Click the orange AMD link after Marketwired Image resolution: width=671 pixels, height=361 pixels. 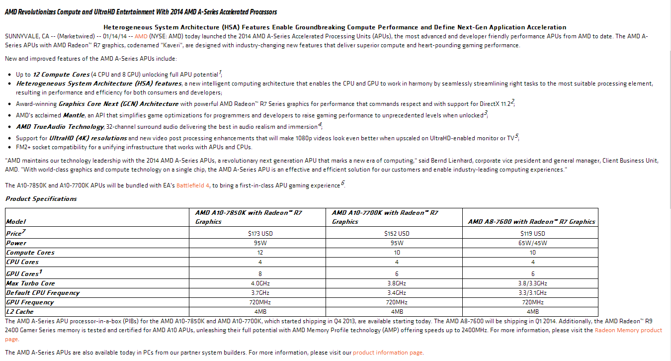point(141,36)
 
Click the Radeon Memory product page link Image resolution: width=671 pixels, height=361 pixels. point(628,330)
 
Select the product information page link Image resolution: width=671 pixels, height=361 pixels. point(388,353)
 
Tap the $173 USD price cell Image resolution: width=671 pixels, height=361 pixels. point(260,233)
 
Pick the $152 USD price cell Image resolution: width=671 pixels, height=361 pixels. point(397,233)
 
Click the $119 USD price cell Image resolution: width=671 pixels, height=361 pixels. point(532,233)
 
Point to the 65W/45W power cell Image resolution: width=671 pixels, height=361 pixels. point(532,243)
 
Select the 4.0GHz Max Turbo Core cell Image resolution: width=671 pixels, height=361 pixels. point(260,283)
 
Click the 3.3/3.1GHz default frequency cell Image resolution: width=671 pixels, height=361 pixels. point(532,293)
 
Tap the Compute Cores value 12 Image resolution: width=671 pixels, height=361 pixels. point(260,253)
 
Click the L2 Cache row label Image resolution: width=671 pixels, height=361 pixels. point(20,312)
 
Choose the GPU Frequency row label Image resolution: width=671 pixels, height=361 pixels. point(30,302)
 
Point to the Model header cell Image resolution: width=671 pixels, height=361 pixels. point(16,221)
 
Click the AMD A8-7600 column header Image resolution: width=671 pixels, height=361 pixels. point(531,222)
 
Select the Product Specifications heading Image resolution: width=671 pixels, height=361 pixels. point(41,199)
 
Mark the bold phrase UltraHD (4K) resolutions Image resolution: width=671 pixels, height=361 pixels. point(88,138)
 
